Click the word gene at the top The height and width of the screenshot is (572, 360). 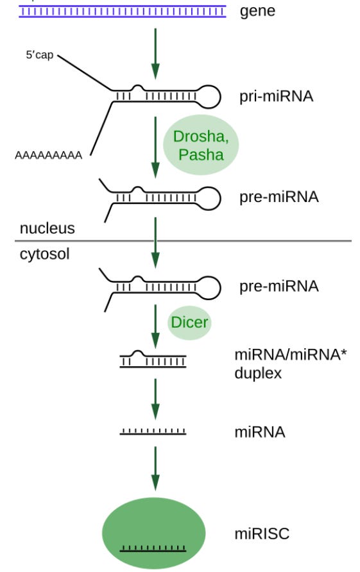(x=257, y=12)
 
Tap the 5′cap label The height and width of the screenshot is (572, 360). (x=39, y=55)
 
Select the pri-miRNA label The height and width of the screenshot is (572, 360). (x=277, y=96)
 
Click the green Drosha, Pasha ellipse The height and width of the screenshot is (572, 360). (x=201, y=145)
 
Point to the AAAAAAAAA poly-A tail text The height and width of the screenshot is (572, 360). (x=48, y=155)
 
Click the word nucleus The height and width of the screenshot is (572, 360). (x=47, y=228)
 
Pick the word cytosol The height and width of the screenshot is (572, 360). (x=44, y=254)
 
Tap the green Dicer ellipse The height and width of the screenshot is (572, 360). (x=189, y=323)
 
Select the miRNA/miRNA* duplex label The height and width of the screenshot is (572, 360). (x=290, y=364)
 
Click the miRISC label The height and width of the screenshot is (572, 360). (x=262, y=534)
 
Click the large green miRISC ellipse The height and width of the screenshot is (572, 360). (x=154, y=534)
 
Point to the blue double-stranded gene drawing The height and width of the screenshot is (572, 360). (x=123, y=12)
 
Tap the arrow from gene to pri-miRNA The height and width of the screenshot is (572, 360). (x=155, y=54)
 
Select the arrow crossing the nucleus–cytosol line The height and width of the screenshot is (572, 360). (x=155, y=242)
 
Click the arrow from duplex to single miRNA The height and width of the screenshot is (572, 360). (x=155, y=399)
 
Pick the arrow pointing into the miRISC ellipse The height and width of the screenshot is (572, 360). (x=155, y=468)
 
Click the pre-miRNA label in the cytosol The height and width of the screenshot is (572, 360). (x=279, y=287)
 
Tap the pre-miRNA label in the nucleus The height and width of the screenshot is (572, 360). (x=279, y=197)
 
